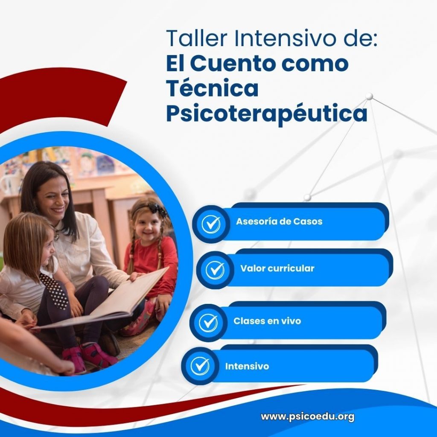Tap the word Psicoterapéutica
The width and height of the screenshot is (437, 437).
pos(266,114)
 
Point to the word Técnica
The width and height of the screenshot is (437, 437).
pos(212,88)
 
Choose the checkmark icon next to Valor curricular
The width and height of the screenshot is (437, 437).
pos(215,270)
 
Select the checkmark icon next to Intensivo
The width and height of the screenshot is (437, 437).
pos(200,366)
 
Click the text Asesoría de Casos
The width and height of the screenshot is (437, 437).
pos(279,222)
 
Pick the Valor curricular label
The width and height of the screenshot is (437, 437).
pos(277,268)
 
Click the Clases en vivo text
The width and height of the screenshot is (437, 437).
pos(267,321)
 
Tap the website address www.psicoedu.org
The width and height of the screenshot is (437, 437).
pos(307,417)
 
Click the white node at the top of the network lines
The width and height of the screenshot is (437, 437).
pos(369,96)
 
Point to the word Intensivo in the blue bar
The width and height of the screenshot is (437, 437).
pos(247,366)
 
